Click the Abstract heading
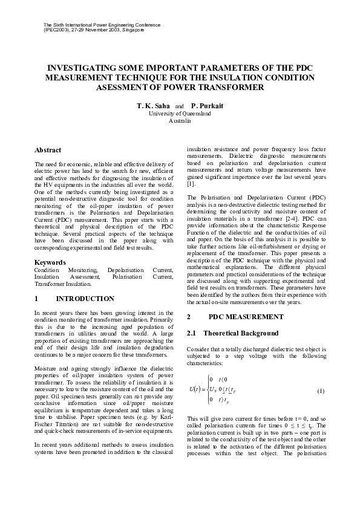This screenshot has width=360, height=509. [x=48, y=149]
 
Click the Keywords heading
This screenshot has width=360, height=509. [x=50, y=262]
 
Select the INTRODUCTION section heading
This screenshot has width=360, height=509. [x=85, y=299]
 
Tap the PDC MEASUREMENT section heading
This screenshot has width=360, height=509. [x=245, y=317]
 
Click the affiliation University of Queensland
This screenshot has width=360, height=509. [x=180, y=113]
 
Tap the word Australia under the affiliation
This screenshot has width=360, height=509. [x=180, y=120]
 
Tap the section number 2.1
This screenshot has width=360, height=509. [x=192, y=333]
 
